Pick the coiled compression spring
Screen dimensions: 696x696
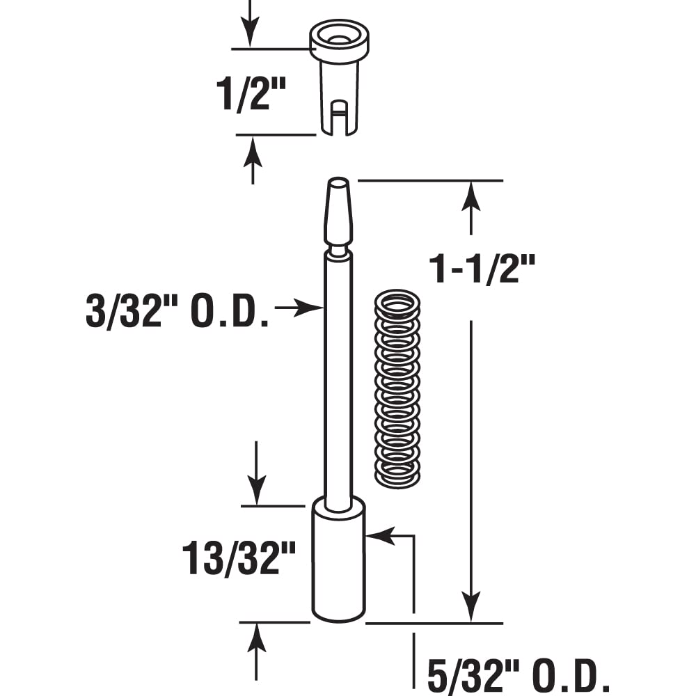397,388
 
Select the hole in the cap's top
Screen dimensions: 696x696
339,39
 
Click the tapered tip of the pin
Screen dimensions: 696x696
338,209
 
